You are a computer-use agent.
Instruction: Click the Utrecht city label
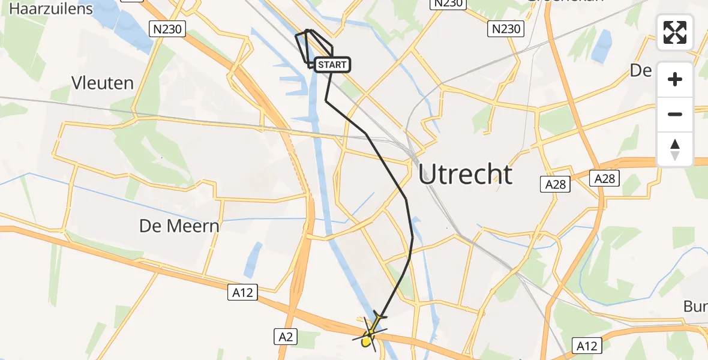pyautogui.click(x=466, y=175)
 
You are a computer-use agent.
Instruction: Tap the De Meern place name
pyautogui.click(x=179, y=226)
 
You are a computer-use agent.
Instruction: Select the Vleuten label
pyautogui.click(x=103, y=83)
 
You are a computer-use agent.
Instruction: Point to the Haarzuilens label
pyautogui.click(x=52, y=8)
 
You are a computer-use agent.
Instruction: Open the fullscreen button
pyautogui.click(x=675, y=32)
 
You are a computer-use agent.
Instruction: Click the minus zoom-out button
pyautogui.click(x=675, y=114)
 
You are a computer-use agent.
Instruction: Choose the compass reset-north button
pyautogui.click(x=675, y=149)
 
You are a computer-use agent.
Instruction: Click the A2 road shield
pyautogui.click(x=286, y=337)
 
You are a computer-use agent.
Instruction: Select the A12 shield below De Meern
pyautogui.click(x=243, y=293)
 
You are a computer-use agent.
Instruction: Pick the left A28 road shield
pyautogui.click(x=556, y=184)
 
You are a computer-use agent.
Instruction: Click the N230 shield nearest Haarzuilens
pyautogui.click(x=167, y=28)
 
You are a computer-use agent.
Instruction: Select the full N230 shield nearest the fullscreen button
pyautogui.click(x=506, y=28)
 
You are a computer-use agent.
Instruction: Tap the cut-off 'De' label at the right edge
pyautogui.click(x=641, y=71)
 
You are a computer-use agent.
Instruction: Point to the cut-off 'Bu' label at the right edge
pyautogui.click(x=695, y=307)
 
